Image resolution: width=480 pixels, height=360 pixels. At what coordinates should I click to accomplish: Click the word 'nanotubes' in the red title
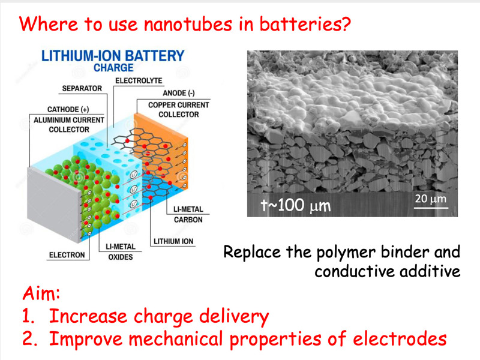[188, 24]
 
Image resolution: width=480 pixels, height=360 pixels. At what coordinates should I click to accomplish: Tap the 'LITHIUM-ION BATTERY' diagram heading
[113, 56]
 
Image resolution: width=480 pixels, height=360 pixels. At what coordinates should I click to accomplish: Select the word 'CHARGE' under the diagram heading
[113, 68]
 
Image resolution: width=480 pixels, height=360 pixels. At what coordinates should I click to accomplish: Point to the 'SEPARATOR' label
[82, 88]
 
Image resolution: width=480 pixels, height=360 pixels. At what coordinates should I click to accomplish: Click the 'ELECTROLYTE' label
[139, 80]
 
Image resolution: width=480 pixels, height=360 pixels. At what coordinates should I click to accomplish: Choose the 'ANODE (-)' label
[179, 93]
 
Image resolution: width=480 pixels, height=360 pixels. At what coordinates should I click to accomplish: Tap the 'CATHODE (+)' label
[68, 110]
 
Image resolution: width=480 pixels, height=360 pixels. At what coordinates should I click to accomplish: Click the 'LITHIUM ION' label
[173, 241]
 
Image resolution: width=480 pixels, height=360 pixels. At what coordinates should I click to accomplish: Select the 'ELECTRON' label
[67, 255]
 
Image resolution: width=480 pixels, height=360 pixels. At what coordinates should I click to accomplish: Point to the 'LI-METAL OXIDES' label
[121, 251]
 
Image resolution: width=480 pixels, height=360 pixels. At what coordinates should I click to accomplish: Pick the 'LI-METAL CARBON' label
[188, 214]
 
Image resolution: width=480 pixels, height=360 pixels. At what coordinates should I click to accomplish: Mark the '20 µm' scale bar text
[431, 199]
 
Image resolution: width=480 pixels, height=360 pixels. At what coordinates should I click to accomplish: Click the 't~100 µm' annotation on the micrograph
[296, 205]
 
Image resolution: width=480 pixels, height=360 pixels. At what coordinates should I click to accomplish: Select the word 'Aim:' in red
[41, 293]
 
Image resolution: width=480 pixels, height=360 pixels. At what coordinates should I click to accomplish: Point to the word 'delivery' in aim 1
[234, 317]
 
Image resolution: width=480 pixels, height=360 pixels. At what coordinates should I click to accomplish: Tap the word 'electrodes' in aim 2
[400, 338]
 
